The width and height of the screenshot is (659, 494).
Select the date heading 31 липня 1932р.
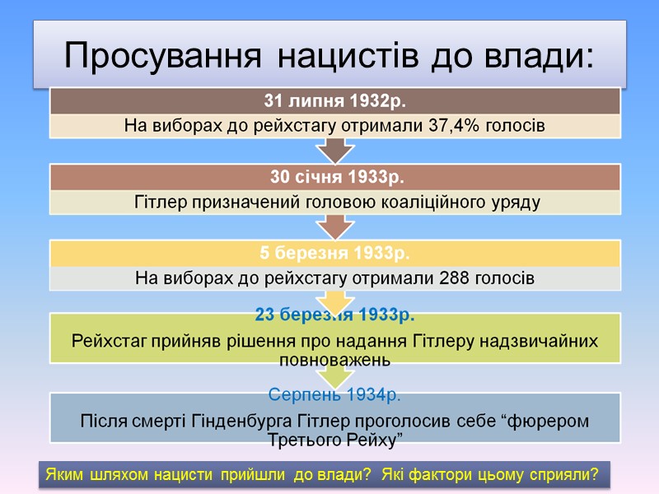(336, 101)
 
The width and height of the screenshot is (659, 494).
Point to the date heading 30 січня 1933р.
(336, 177)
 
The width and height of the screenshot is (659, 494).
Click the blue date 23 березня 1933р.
(336, 315)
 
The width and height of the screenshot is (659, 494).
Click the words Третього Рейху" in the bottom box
(335, 440)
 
